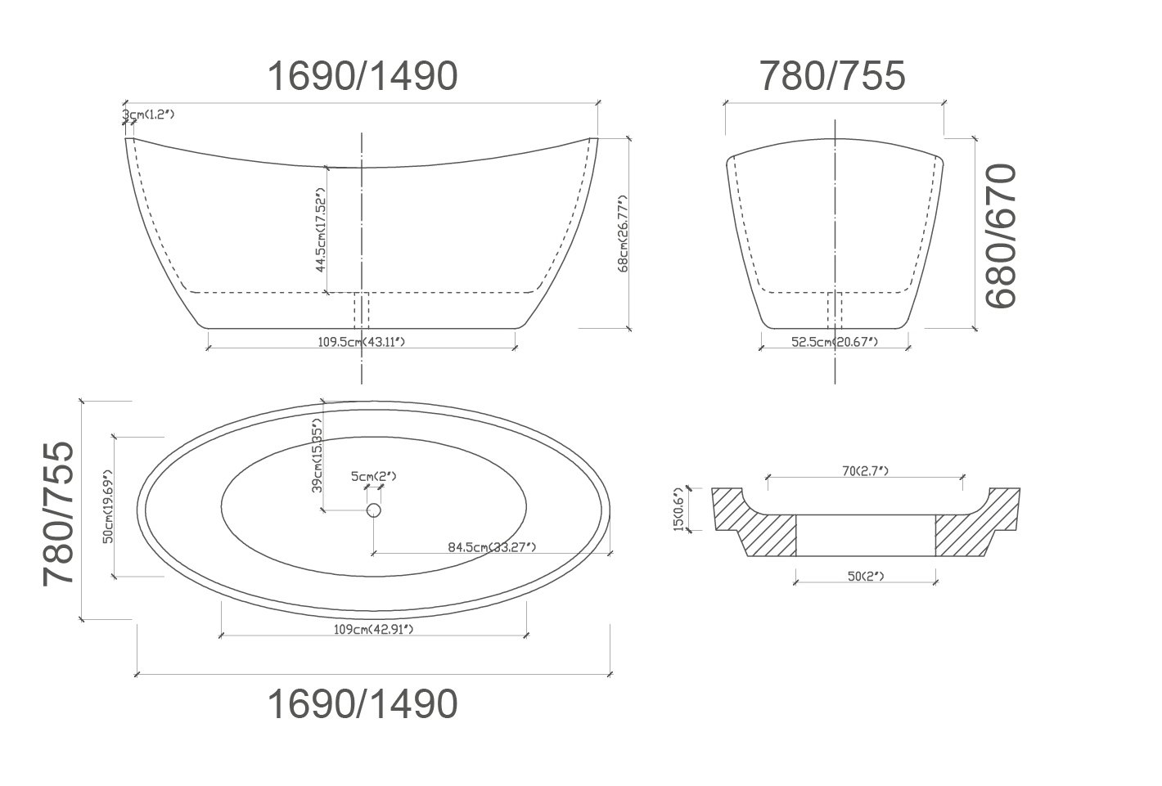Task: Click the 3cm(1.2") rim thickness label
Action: [x=149, y=115]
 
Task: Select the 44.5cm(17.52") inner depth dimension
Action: [x=321, y=232]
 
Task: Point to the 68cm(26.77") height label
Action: [x=623, y=233]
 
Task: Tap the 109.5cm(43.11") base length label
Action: [x=361, y=342]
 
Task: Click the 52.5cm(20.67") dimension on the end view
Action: [x=834, y=342]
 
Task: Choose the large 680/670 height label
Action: [x=1001, y=236]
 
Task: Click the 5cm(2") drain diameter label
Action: [x=374, y=476]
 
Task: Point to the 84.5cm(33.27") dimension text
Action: [x=491, y=547]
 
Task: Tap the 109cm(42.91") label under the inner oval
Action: [x=373, y=629]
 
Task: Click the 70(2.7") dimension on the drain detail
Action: [x=865, y=470]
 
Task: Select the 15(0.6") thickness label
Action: [x=678, y=510]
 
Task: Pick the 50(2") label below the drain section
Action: [x=865, y=577]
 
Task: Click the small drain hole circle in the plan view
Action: [x=374, y=510]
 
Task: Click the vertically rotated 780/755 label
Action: [x=60, y=512]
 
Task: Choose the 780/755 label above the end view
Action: [x=833, y=76]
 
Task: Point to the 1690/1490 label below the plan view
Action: [x=363, y=703]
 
